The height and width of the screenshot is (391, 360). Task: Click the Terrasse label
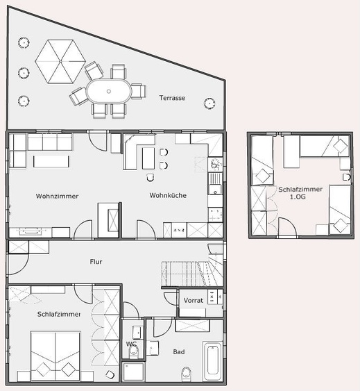tap(172, 98)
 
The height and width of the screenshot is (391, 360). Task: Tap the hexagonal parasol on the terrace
tap(60, 61)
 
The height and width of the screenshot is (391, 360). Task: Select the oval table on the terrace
tap(109, 91)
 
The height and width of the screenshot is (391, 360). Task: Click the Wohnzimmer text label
tap(57, 196)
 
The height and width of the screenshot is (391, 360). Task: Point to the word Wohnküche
tap(168, 195)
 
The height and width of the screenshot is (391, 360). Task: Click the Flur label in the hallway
tap(96, 262)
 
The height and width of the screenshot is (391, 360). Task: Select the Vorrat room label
tap(194, 300)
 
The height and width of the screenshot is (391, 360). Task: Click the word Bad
tap(179, 352)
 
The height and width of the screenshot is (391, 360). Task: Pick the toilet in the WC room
tap(133, 351)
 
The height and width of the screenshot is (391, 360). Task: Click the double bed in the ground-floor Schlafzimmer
tap(55, 356)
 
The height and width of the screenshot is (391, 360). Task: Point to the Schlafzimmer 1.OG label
tap(300, 193)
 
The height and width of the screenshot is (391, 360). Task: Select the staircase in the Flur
tap(192, 274)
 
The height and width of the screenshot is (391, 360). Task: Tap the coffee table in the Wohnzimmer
tap(51, 162)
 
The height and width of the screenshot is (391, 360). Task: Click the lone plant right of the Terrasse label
tap(209, 103)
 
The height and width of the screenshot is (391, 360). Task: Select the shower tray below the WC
tap(134, 372)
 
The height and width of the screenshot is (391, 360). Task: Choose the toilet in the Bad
tap(186, 374)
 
